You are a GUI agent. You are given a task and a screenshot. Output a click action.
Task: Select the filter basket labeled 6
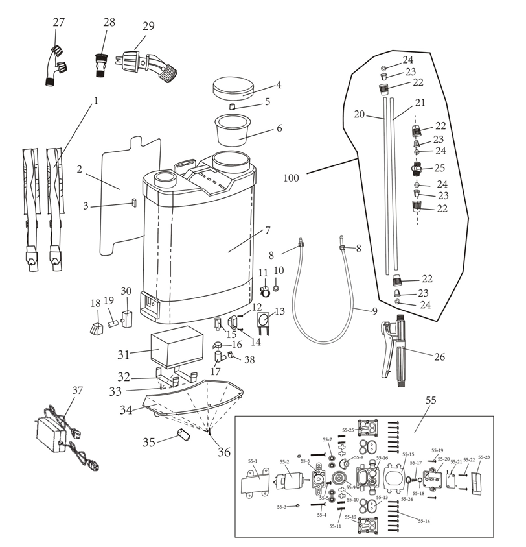[232, 131]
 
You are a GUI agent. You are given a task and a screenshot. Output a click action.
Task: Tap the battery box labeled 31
[177, 347]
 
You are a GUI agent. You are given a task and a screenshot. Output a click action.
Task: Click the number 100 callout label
[291, 178]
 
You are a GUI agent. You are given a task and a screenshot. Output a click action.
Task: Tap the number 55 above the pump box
[431, 400]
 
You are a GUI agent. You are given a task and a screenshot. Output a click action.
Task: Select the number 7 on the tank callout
[268, 230]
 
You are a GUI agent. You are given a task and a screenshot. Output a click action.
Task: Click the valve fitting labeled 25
[417, 168]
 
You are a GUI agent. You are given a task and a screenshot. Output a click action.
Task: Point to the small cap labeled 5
[232, 106]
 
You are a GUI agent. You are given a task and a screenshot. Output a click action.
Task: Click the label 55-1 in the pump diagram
[253, 461]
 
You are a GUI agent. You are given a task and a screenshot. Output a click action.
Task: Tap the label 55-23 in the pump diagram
[484, 457]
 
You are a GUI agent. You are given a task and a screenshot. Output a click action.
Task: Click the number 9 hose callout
[374, 311]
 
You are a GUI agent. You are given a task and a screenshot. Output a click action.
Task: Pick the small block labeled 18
[97, 328]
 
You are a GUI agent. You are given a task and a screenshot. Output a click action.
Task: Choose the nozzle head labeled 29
[149, 66]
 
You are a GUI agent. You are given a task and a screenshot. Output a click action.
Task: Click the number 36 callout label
[224, 452]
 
